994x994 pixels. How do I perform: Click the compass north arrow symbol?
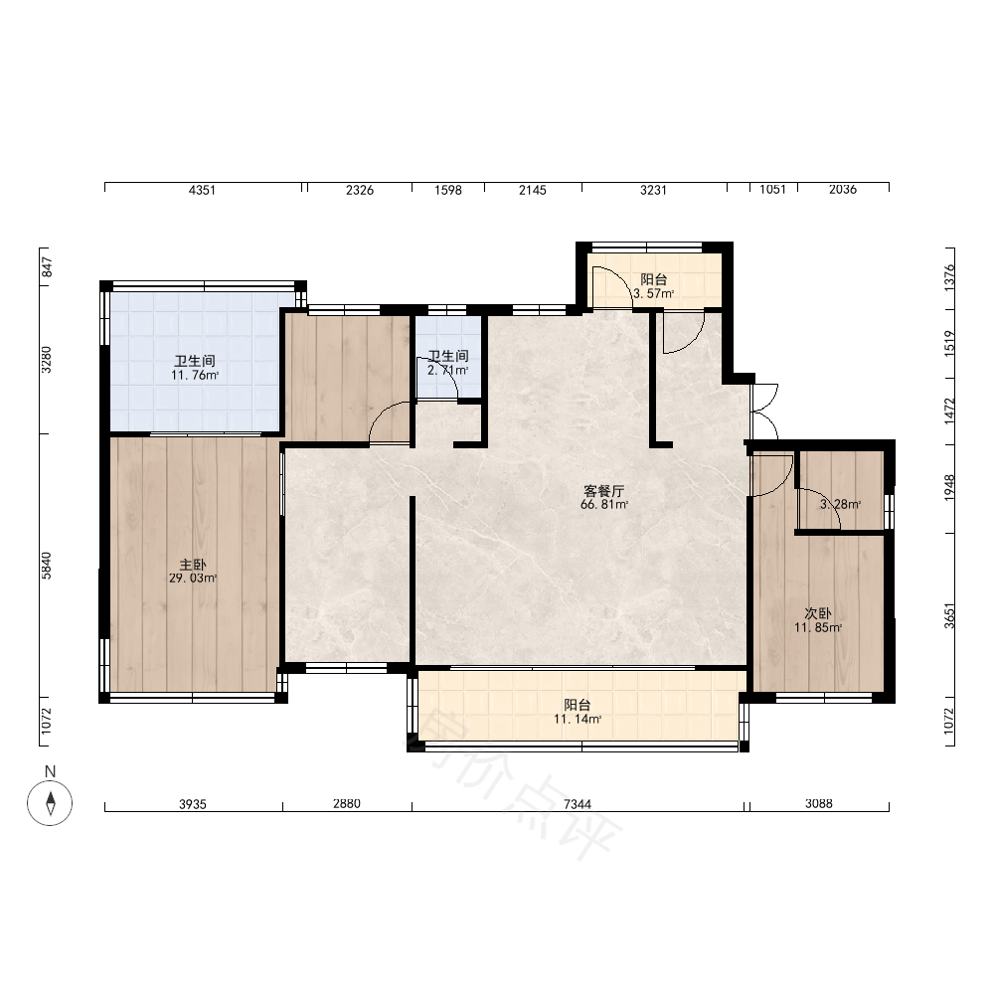[50, 802]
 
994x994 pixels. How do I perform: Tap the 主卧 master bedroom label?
[193, 565]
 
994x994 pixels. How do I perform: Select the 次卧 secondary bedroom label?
[818, 613]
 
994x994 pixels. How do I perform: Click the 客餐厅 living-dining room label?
[604, 491]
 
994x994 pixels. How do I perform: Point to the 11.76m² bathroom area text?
[195, 376]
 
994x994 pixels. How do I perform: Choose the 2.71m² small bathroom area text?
[448, 370]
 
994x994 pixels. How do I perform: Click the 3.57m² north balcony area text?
[654, 294]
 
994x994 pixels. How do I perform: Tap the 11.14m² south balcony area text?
[578, 719]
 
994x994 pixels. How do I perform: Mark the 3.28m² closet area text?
[841, 505]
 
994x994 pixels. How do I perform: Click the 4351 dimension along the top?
[202, 190]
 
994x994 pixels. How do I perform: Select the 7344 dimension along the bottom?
[578, 804]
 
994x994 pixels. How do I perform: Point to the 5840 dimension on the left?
[47, 566]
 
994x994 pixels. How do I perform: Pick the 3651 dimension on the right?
[949, 615]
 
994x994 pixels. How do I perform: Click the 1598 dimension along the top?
[448, 190]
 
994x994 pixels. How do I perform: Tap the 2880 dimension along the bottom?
[347, 804]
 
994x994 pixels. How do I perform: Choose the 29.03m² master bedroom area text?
[193, 579]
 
